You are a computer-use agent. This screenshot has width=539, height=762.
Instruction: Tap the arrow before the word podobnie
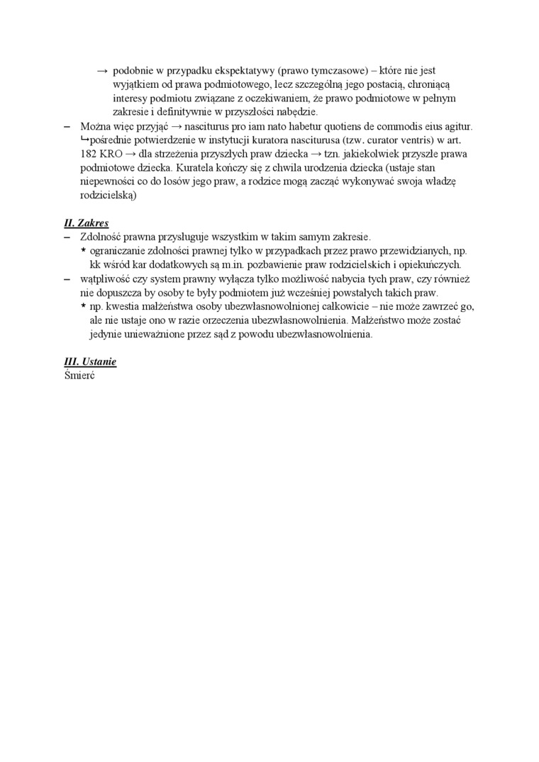pyautogui.click(x=102, y=71)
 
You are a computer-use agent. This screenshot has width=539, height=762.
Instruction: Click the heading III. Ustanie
pyautogui.click(x=90, y=362)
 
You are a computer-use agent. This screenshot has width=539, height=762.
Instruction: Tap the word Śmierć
pyautogui.click(x=79, y=375)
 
